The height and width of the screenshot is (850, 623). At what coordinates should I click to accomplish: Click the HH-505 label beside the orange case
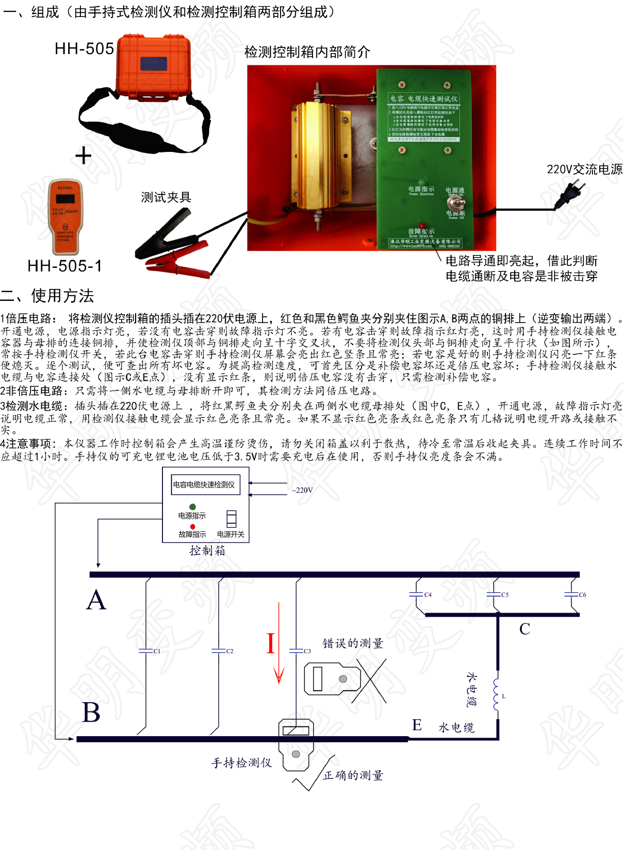(84, 49)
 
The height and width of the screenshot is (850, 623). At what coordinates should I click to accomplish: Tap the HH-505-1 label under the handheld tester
(64, 266)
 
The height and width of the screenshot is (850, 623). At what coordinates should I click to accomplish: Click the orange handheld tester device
(65, 217)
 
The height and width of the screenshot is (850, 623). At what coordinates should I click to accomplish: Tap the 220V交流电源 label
(584, 169)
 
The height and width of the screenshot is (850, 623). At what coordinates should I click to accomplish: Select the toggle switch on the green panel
(455, 202)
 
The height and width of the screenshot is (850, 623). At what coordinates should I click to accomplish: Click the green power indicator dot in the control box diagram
(192, 507)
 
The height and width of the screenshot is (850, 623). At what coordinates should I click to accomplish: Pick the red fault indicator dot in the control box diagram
(192, 526)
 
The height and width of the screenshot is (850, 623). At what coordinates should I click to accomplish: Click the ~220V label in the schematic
(302, 490)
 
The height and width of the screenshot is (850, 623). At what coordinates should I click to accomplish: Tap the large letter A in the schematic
(96, 601)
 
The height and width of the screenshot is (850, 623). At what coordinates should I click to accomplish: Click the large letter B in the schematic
(91, 712)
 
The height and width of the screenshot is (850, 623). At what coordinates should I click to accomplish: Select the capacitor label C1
(157, 651)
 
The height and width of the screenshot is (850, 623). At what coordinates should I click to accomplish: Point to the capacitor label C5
(505, 594)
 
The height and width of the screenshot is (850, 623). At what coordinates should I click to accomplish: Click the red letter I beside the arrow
(270, 644)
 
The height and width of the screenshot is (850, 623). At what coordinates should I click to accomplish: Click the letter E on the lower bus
(417, 725)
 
